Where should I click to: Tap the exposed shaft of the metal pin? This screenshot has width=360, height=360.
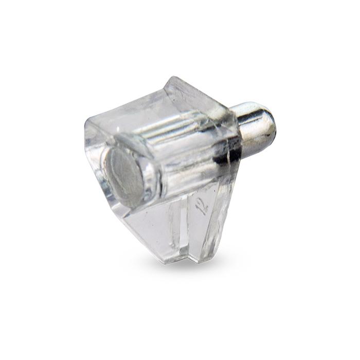[x=252, y=129]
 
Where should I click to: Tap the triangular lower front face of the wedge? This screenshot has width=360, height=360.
[x=149, y=226]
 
